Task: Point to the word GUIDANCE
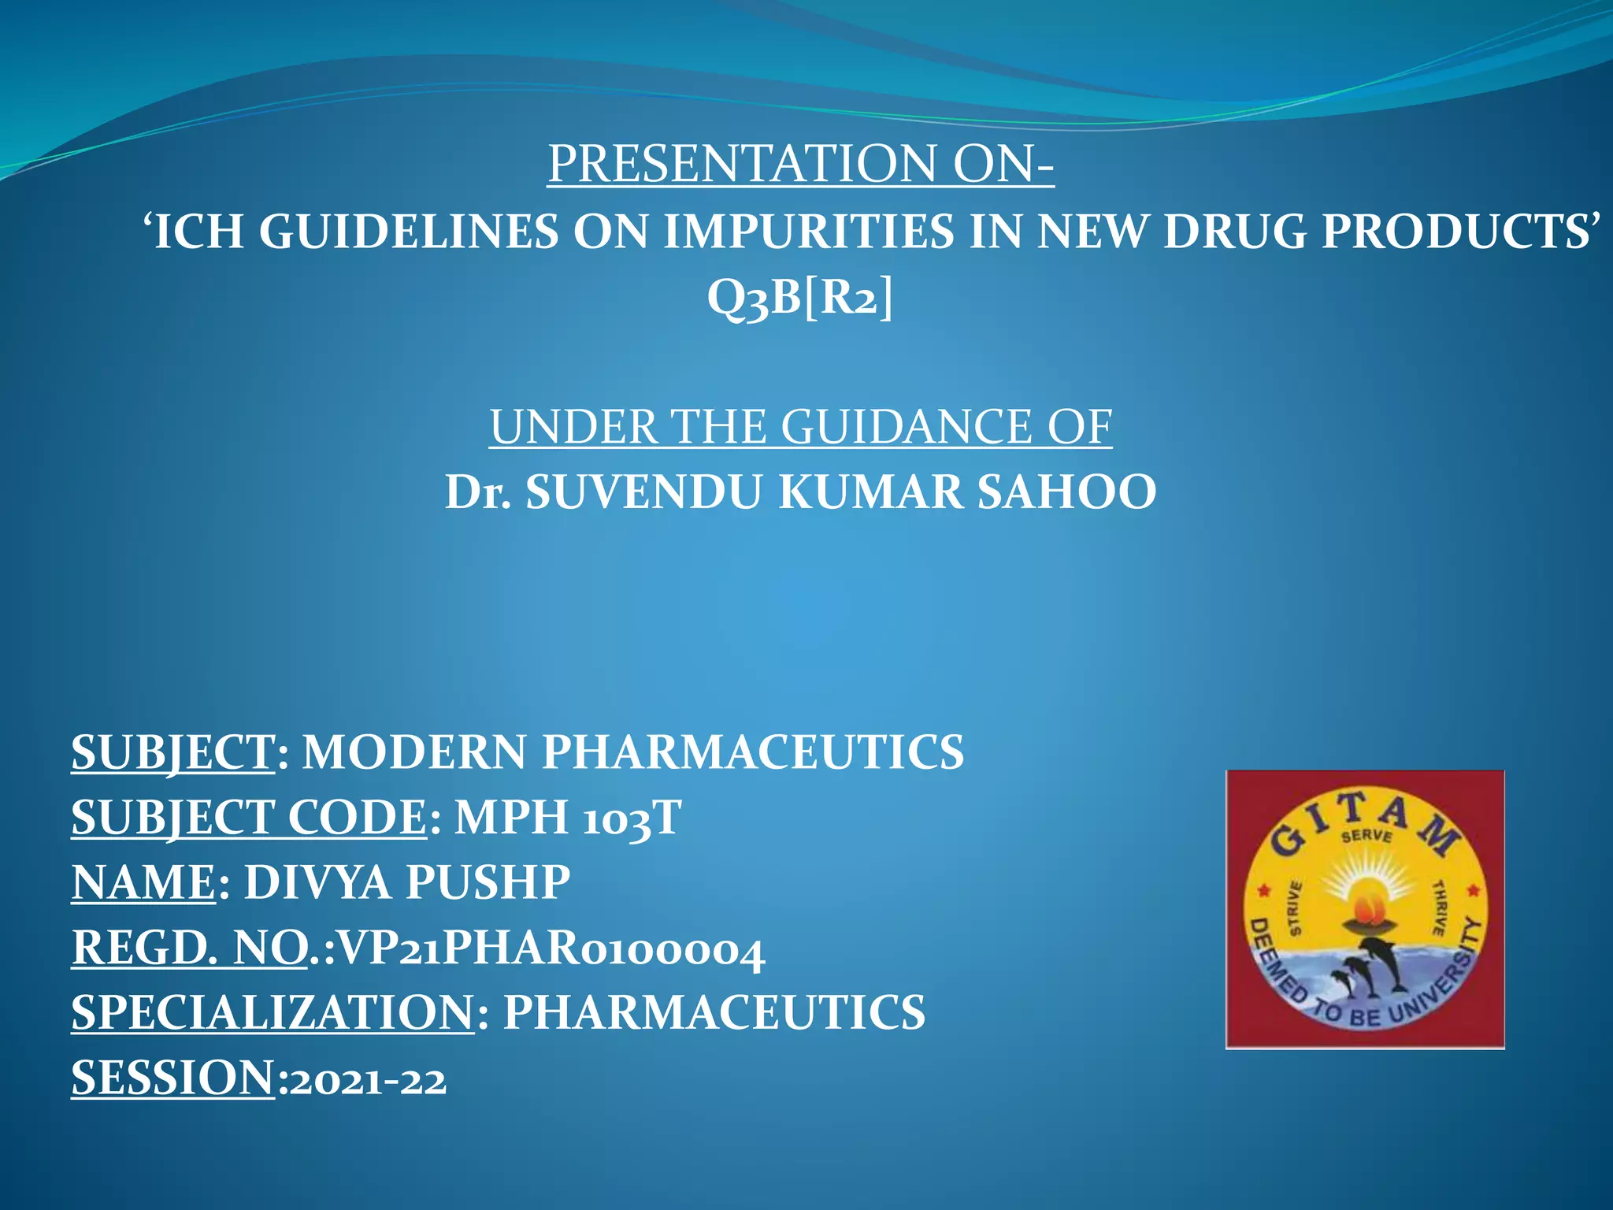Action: click(x=906, y=427)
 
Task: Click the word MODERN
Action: click(x=414, y=752)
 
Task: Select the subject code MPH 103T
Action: click(x=568, y=818)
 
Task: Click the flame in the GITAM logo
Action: click(x=1366, y=905)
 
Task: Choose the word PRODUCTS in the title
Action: click(x=1454, y=232)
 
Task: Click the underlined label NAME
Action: click(x=143, y=882)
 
